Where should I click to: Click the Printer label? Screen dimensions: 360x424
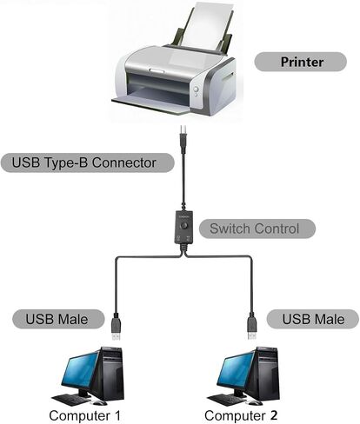tap(301, 62)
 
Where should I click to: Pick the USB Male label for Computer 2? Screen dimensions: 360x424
tap(313, 319)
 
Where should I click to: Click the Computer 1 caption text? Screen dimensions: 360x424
tap(84, 415)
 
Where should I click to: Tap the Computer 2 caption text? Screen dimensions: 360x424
tap(241, 415)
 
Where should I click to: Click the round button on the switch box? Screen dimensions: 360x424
tap(183, 226)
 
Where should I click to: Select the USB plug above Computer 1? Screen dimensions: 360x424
tap(117, 327)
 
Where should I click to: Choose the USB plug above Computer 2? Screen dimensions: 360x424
tap(252, 326)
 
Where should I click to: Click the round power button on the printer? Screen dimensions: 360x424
tap(197, 89)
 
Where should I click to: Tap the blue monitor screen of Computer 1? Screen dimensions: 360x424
tap(80, 371)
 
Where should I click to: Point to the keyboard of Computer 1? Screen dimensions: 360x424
tap(71, 400)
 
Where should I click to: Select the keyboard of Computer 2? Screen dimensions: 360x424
tap(227, 400)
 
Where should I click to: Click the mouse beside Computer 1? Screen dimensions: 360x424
tap(99, 402)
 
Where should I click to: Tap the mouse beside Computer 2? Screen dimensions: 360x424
tap(255, 402)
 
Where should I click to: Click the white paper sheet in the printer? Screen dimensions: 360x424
tap(210, 26)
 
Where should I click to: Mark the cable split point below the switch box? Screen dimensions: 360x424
tap(183, 255)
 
